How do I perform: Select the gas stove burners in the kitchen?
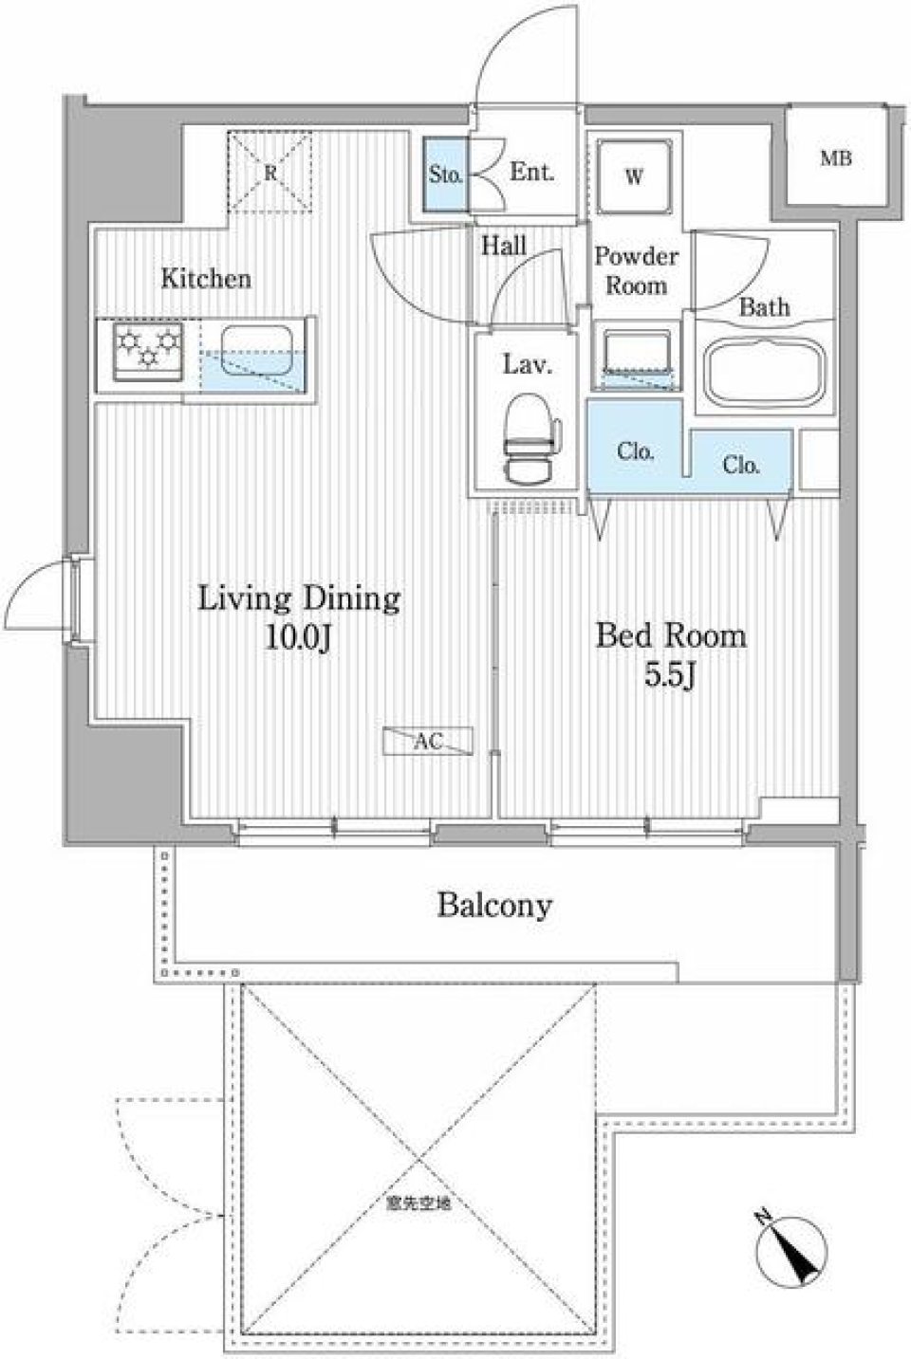coord(148,350)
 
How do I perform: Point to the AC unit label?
coord(427,742)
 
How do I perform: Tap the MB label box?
coord(835,158)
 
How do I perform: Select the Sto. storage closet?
coord(445,174)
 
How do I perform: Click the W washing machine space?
coord(634,176)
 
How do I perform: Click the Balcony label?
coord(493,906)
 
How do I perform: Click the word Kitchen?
coord(206,279)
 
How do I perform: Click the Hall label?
coord(503,247)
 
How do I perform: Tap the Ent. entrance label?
coord(531,173)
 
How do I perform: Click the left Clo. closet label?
coord(635,451)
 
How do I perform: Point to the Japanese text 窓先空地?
coord(418,1205)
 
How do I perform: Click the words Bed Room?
coord(671,635)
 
